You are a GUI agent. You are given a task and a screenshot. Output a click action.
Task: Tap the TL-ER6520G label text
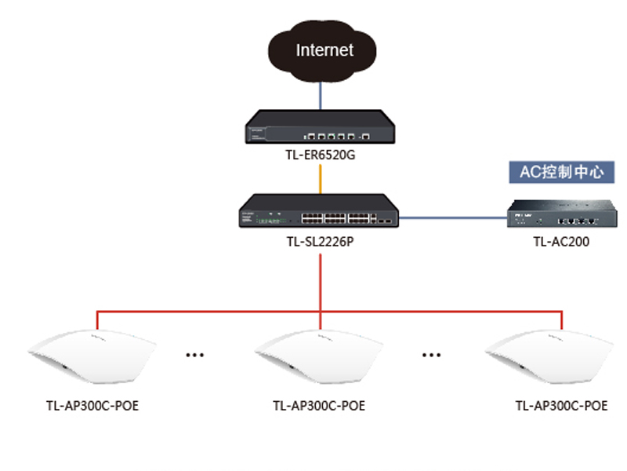tap(321, 155)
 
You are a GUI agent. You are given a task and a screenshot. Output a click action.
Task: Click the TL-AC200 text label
tap(561, 242)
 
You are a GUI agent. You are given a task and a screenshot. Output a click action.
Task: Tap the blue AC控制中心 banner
tap(562, 172)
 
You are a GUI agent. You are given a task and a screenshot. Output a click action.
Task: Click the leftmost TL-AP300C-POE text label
tap(92, 406)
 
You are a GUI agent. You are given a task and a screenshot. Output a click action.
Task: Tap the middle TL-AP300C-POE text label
tap(319, 406)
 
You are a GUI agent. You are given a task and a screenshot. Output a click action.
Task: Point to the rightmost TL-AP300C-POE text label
tap(561, 406)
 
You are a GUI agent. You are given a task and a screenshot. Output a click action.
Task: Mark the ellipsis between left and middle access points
tap(194, 355)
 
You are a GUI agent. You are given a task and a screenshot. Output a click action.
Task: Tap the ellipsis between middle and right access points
tap(430, 355)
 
